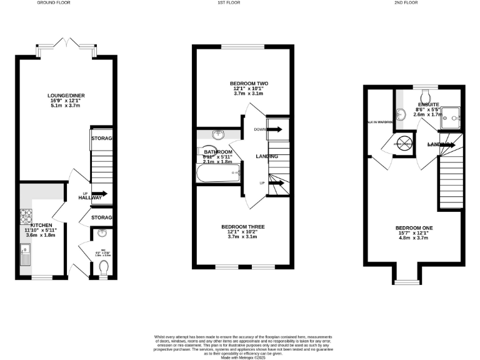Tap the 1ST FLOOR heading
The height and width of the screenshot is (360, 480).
click(x=240, y=3)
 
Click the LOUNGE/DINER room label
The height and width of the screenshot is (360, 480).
click(x=67, y=96)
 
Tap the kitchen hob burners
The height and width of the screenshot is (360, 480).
click(x=26, y=217)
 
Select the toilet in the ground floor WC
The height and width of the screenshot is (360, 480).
click(x=104, y=267)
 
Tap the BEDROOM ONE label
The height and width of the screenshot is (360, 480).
click(x=414, y=227)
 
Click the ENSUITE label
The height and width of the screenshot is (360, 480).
click(x=429, y=104)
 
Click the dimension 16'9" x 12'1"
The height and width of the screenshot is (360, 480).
click(x=67, y=101)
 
